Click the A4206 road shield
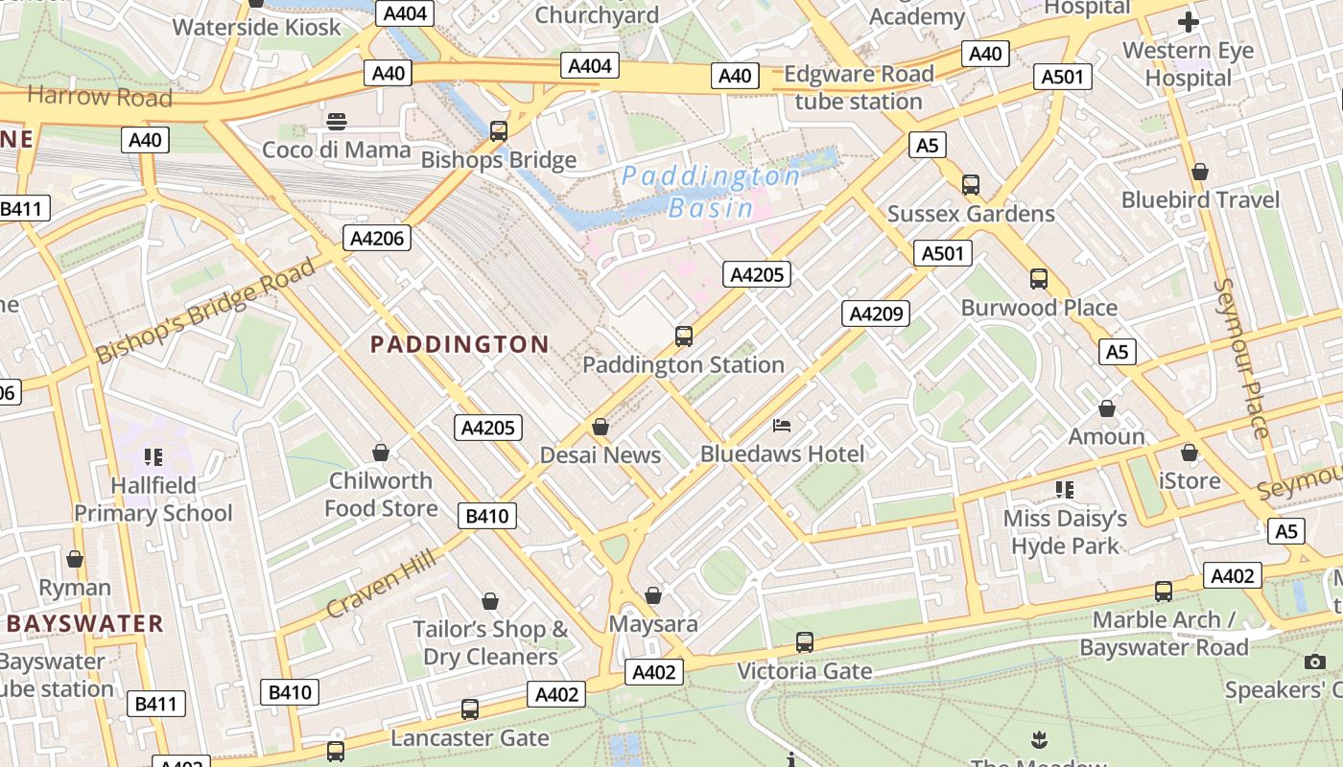tap(377, 238)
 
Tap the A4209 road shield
tap(875, 313)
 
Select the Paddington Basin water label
tap(710, 192)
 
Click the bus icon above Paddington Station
tap(683, 337)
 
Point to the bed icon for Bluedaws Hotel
tap(783, 426)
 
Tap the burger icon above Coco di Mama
tap(336, 122)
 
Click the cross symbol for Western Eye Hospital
tap(1189, 22)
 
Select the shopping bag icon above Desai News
tap(601, 427)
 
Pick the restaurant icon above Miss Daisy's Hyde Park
tap(1064, 490)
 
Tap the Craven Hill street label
tap(382, 584)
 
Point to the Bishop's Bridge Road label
tap(205, 311)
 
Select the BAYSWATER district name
tap(85, 624)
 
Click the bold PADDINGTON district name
tap(459, 344)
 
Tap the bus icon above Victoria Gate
tap(804, 642)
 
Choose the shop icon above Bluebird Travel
tap(1199, 172)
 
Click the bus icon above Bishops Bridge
tap(498, 131)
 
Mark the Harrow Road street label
tap(100, 97)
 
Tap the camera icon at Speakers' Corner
tap(1315, 662)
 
